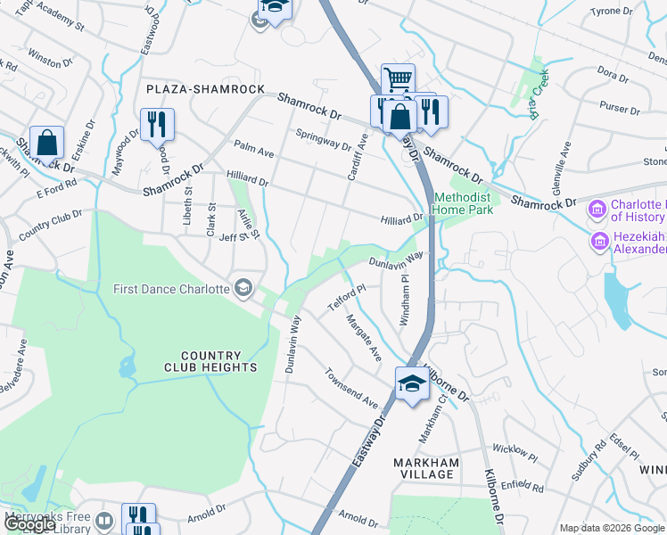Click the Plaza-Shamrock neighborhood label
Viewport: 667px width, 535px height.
click(206, 90)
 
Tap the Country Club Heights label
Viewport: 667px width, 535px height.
click(210, 361)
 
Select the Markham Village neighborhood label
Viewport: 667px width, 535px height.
click(426, 468)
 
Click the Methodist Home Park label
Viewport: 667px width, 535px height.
click(462, 203)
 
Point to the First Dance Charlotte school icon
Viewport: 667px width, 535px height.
click(243, 287)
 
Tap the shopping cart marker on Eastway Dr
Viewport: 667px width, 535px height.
click(398, 78)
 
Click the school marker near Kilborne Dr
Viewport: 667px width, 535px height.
click(411, 383)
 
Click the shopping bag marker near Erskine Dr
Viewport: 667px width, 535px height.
click(47, 141)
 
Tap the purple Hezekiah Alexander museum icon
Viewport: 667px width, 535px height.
click(598, 241)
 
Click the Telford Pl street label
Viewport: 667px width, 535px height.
click(347, 298)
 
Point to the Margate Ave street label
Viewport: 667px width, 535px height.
click(364, 338)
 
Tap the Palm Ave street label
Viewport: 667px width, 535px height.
click(253, 147)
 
